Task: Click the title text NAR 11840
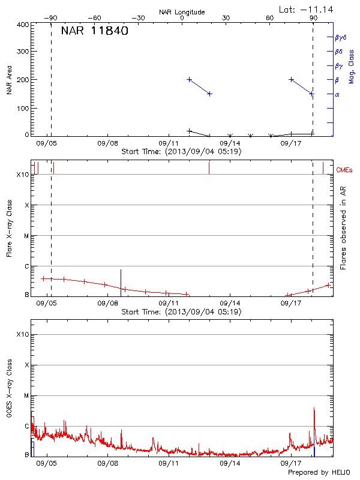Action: click(x=94, y=31)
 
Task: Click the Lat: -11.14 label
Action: click(x=307, y=9)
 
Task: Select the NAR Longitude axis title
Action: click(x=182, y=12)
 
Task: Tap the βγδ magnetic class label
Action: click(x=341, y=37)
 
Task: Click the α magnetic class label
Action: click(x=337, y=94)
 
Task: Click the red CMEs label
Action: click(x=344, y=170)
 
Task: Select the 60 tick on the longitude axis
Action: click(x=270, y=19)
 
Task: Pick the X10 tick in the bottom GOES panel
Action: click(x=23, y=334)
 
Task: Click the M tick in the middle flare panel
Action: click(x=26, y=236)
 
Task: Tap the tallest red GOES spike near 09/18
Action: click(x=314, y=410)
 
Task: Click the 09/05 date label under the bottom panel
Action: click(x=46, y=463)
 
